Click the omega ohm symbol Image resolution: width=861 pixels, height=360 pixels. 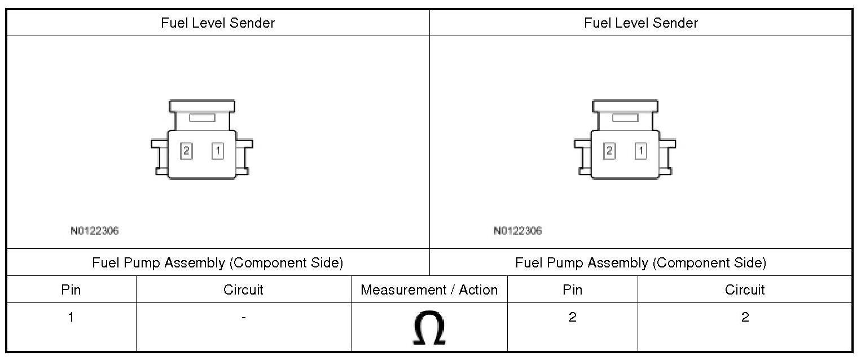tap(429, 329)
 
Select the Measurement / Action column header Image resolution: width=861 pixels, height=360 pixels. tap(429, 290)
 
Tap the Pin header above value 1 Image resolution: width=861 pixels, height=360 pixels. tap(71, 290)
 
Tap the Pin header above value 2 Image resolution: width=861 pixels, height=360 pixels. tap(572, 290)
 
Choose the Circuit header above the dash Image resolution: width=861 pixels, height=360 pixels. tap(243, 290)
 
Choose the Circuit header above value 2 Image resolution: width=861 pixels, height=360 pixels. tap(745, 290)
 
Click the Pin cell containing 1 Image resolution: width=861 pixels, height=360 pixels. tap(71, 317)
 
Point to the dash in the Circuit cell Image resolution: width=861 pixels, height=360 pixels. tap(243, 318)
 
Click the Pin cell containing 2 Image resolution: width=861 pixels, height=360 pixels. tap(572, 317)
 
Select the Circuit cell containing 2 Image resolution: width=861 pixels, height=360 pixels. tap(745, 317)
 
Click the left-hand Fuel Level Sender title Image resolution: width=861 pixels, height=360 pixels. tap(218, 23)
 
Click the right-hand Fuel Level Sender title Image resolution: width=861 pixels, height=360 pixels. tap(641, 23)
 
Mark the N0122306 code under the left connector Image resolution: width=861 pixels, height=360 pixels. tap(95, 231)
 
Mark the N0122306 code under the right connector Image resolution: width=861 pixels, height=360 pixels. tap(517, 231)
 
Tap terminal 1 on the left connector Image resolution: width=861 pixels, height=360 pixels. tap(218, 151)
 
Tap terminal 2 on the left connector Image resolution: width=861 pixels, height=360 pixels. tap(186, 151)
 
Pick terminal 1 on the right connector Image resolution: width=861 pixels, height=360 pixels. tap(640, 151)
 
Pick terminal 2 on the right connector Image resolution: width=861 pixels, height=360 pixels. tap(609, 151)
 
